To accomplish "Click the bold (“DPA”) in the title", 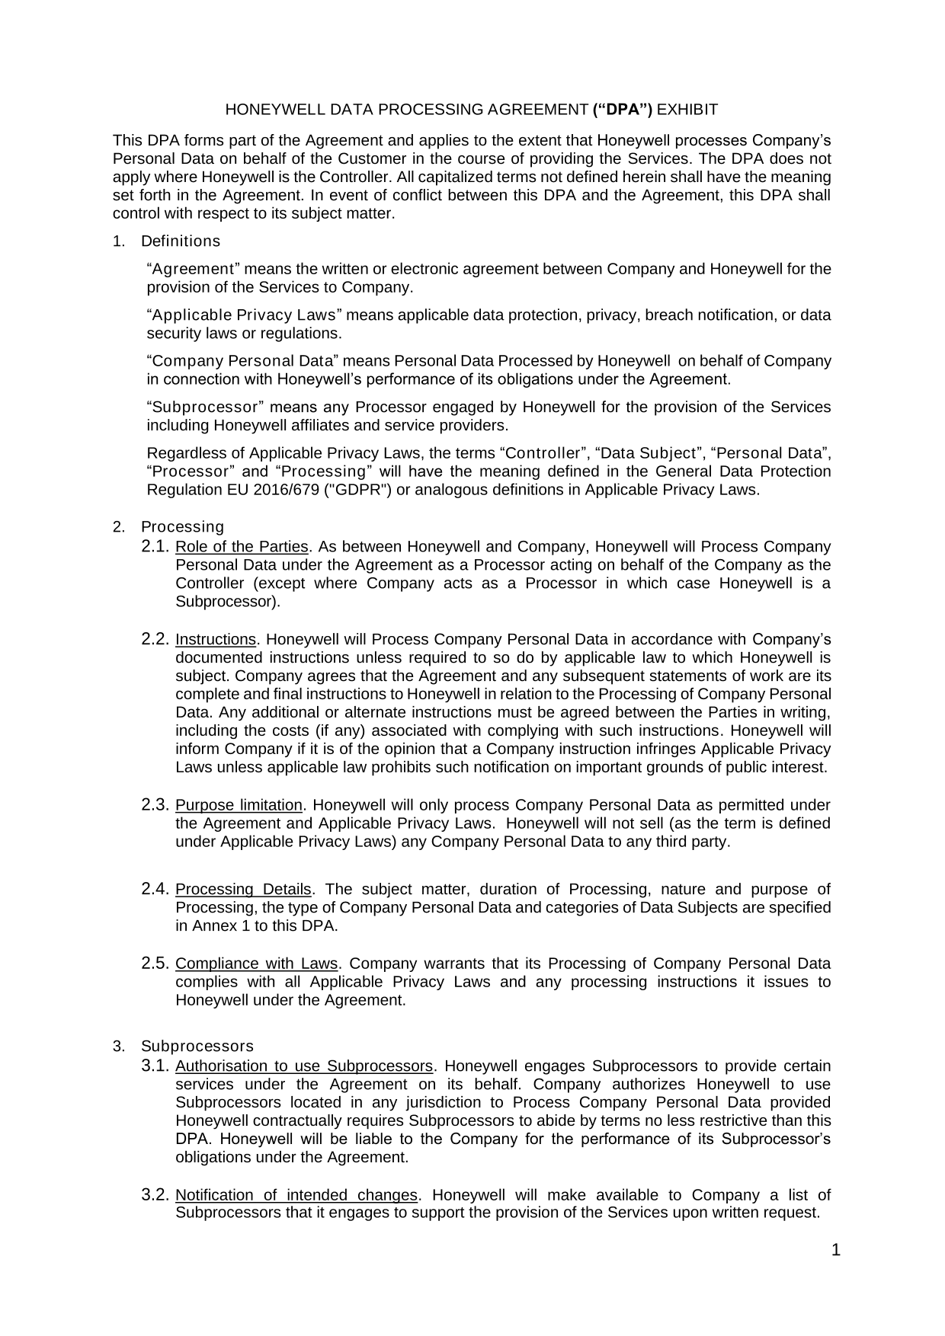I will [x=623, y=110].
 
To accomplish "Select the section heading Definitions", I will [x=181, y=241].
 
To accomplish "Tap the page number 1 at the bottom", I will [x=836, y=1250].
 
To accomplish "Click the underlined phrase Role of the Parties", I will [x=242, y=547].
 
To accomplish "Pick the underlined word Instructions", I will [x=216, y=640].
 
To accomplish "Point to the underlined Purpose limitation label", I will [x=239, y=806].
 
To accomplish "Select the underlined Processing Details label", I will [x=243, y=890].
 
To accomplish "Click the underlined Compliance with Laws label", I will [x=256, y=964].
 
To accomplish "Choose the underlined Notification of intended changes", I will [x=296, y=1195].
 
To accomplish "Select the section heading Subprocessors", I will [x=197, y=1047].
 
